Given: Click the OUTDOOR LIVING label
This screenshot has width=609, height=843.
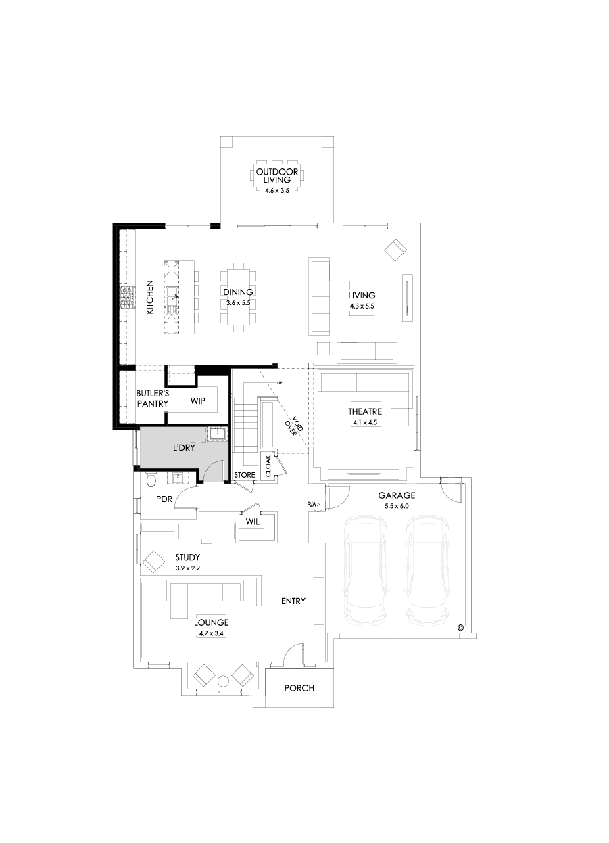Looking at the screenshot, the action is click(x=277, y=176).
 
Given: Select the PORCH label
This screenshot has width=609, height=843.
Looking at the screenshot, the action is click(x=299, y=688).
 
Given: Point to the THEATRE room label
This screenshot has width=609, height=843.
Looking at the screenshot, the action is click(x=365, y=411).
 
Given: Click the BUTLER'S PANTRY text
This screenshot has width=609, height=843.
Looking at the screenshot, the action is click(x=152, y=398).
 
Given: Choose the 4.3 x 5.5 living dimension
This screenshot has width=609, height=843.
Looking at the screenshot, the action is click(x=362, y=306).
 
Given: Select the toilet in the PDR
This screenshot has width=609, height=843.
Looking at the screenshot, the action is click(x=151, y=480).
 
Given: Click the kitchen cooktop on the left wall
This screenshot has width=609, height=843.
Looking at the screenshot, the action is click(x=126, y=298).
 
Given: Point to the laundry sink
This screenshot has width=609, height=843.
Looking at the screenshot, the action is click(x=217, y=434).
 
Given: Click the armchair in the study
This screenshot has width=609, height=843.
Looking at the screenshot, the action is click(x=153, y=562).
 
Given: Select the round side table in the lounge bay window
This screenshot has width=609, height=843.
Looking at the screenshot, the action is click(x=223, y=679).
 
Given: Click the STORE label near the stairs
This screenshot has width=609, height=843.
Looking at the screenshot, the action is click(x=245, y=476).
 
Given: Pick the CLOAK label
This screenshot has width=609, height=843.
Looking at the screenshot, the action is click(x=268, y=466).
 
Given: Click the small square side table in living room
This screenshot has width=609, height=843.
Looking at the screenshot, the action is click(x=323, y=348).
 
